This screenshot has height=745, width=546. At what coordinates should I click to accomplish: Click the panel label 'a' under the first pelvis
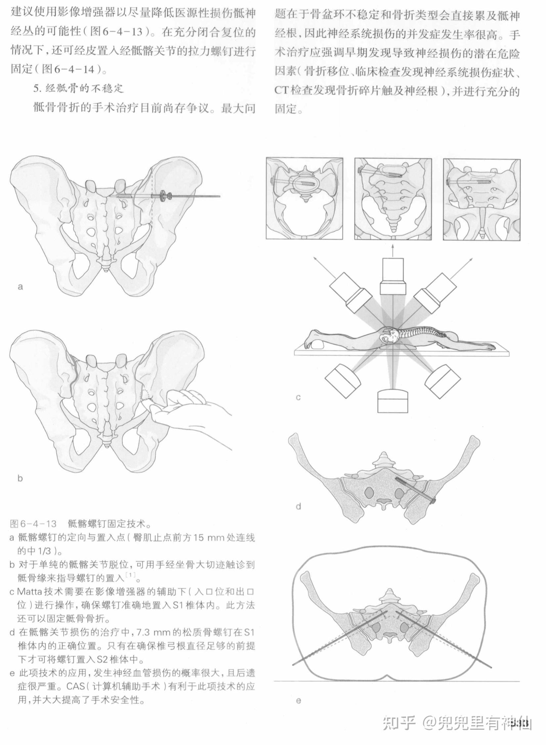(21, 287)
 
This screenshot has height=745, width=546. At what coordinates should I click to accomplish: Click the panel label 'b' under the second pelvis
(20, 478)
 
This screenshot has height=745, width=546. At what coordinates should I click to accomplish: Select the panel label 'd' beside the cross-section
(298, 506)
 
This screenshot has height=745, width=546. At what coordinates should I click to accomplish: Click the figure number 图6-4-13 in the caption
(33, 524)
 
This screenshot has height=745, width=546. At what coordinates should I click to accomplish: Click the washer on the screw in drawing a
(163, 196)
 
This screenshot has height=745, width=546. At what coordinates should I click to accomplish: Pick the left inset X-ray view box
(305, 199)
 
